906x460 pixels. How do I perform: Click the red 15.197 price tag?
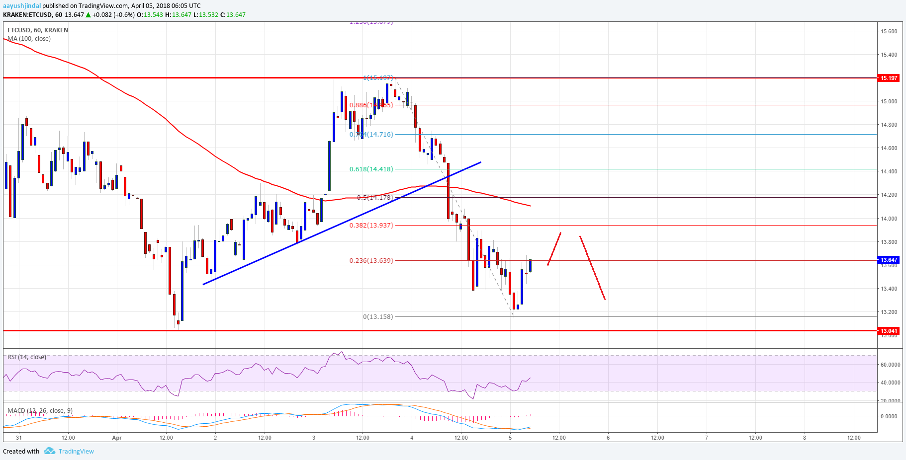pos(889,78)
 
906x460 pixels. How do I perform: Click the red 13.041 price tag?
pos(889,331)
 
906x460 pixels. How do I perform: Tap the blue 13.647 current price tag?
pos(889,260)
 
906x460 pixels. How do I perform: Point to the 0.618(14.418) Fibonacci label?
pos(371,169)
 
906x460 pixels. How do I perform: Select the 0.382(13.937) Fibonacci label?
pos(371,226)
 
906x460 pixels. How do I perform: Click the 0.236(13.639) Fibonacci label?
pos(371,261)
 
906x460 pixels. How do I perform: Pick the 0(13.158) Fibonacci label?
pos(377,317)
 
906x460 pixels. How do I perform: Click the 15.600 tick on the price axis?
pos(889,31)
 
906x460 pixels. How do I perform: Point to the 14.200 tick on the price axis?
pos(889,195)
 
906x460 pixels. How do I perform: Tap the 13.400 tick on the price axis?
pos(889,289)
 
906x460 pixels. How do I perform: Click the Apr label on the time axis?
pos(117,438)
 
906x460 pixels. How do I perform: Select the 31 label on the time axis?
pos(19,438)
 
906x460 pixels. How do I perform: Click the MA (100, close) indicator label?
pos(29,39)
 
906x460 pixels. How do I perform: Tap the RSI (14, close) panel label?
pos(27,357)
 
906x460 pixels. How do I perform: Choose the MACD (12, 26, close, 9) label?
pos(40,411)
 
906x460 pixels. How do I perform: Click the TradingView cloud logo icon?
pos(49,451)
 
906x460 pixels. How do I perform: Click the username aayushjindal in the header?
pos(22,6)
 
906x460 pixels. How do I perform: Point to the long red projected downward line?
pos(592,268)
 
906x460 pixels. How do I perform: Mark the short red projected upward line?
pos(554,248)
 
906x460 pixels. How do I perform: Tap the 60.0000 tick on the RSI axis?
pos(890,365)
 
